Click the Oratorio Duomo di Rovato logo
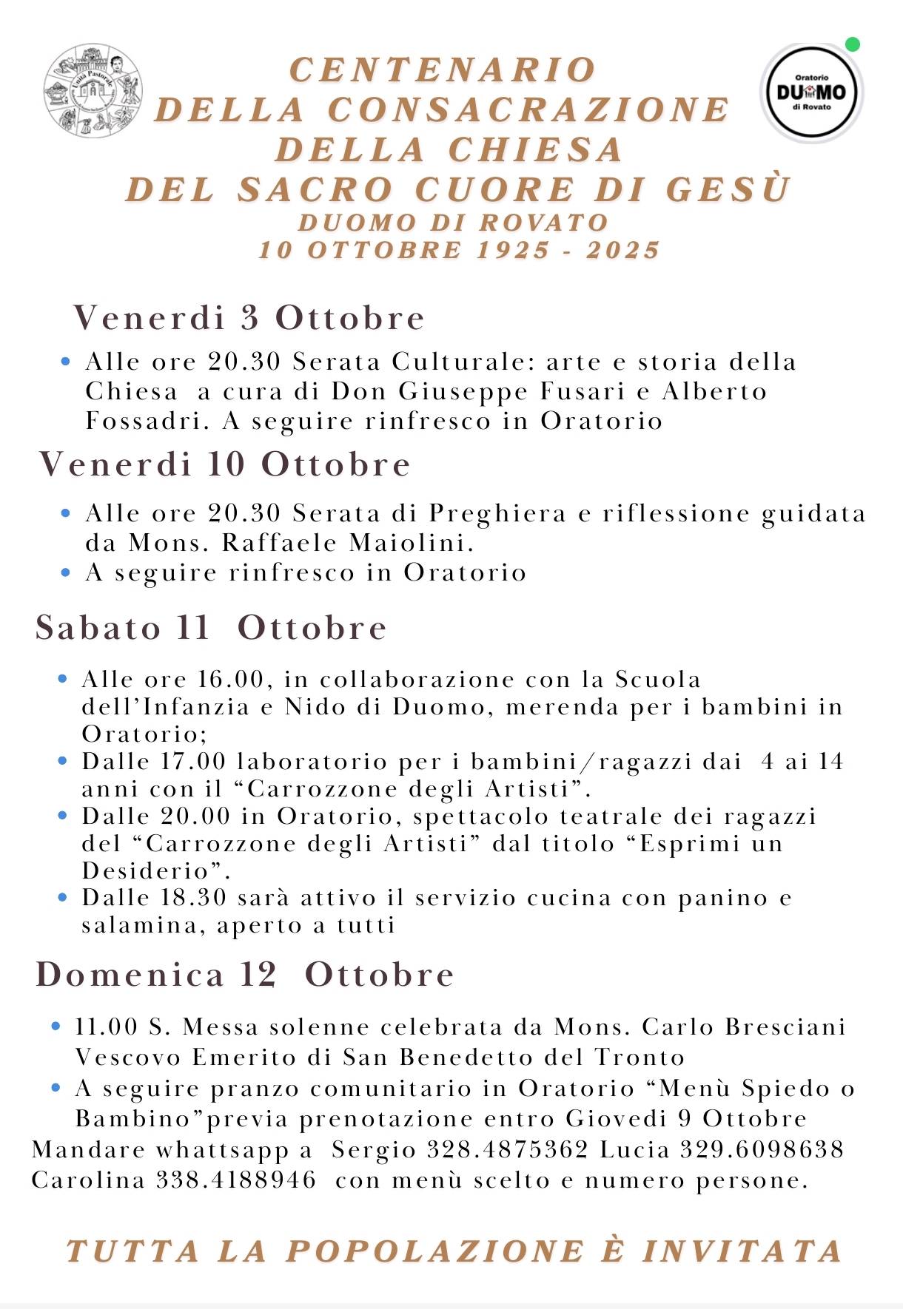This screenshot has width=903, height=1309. pyautogui.click(x=811, y=92)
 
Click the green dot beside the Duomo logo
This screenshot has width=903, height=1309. pyautogui.click(x=852, y=44)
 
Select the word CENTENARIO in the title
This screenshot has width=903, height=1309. pyautogui.click(x=443, y=70)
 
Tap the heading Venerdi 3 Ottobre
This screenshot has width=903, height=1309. pyautogui.click(x=249, y=318)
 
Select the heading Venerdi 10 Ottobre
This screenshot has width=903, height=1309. pyautogui.click(x=224, y=464)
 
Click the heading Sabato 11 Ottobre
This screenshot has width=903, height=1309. pyautogui.click(x=211, y=628)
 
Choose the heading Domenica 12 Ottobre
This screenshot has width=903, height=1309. pyautogui.click(x=244, y=974)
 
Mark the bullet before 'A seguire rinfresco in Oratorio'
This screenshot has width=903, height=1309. pyautogui.click(x=66, y=573)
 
